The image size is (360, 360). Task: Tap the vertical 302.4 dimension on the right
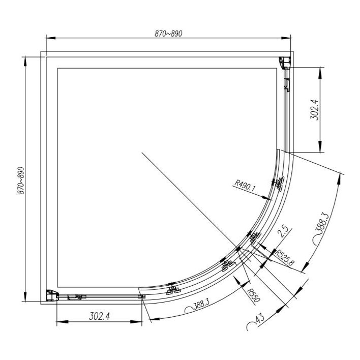coord(314,109)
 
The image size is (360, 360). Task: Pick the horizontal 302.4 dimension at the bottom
coord(100,316)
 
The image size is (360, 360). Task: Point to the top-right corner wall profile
coord(285,62)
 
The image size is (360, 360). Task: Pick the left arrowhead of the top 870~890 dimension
coord(49,38)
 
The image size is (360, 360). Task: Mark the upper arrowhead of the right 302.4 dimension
coord(321,70)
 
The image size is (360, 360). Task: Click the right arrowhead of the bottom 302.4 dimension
coord(140,321)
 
